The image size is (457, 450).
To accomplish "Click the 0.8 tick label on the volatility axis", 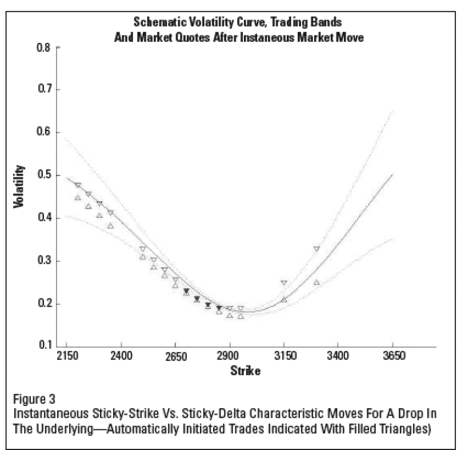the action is pos(44,47).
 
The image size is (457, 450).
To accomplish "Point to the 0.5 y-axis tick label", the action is pos(44,175).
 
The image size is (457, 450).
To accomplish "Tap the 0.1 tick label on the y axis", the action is pos(45,345).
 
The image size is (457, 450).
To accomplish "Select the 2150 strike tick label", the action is pos(67,356).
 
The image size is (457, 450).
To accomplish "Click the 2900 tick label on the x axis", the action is pos(230,356).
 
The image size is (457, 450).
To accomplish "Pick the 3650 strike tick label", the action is pos(394,356).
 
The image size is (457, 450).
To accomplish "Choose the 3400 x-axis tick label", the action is pos(338,356).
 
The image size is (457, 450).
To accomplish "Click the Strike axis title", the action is pos(246,371).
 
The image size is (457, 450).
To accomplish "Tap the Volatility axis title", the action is pos(19,186).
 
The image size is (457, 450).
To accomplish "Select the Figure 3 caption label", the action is pos(34,399).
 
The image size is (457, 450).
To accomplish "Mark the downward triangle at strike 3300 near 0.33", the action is pos(316,249).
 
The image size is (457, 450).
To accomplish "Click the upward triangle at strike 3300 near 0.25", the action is pos(316,282).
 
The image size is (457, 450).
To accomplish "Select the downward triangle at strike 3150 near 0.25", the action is pos(284,282).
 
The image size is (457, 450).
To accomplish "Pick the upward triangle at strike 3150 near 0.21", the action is pos(284,300).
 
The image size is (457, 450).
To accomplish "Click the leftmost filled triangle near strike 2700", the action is pos(186,291).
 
